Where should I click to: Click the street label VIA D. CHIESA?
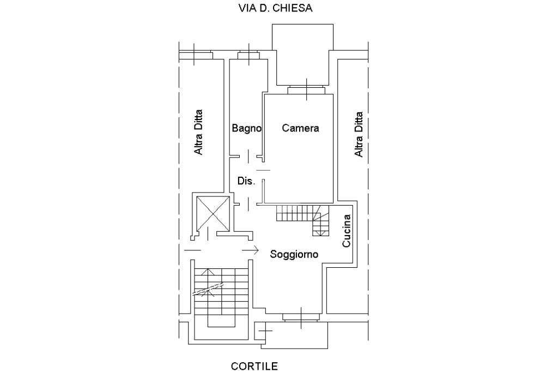tap(275, 8)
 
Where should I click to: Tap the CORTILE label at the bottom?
tap(254, 365)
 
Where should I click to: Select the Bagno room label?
tap(246, 129)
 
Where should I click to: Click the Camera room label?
tap(300, 129)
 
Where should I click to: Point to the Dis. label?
tap(246, 181)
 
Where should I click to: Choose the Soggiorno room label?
tap(294, 254)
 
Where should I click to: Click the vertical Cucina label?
tap(347, 231)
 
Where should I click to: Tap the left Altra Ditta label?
tap(199, 132)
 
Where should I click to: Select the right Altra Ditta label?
tap(359, 134)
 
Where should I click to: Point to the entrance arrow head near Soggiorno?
tap(255, 250)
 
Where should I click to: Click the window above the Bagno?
tap(248, 55)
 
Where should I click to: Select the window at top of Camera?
tap(306, 89)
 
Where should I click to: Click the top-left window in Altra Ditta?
tap(196, 55)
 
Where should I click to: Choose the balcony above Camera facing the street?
tap(302, 55)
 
